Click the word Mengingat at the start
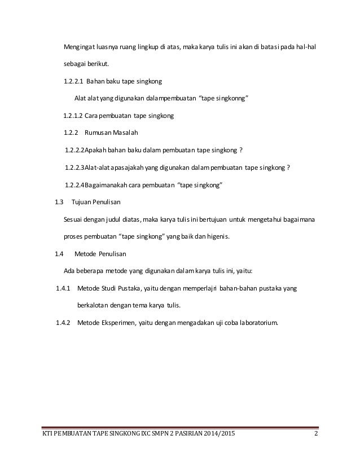[80, 46]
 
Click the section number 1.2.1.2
[73, 116]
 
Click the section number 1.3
[58, 202]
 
